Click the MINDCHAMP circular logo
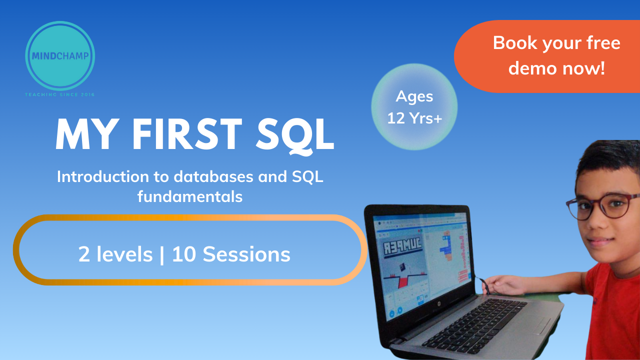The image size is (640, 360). (x=60, y=55)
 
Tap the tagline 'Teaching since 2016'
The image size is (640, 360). (x=60, y=94)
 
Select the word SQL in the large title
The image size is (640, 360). (x=295, y=135)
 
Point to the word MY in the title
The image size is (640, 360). (x=87, y=134)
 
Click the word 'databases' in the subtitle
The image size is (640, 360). (x=213, y=176)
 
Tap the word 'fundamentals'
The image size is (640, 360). (x=190, y=196)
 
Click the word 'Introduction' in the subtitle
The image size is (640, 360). (x=103, y=176)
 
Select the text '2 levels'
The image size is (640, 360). (x=115, y=254)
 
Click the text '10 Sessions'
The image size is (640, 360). (x=231, y=254)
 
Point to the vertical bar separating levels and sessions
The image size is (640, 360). (x=162, y=254)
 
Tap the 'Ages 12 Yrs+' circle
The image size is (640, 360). (x=414, y=107)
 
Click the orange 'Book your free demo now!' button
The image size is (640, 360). (x=547, y=56)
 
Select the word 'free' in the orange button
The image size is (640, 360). (x=603, y=43)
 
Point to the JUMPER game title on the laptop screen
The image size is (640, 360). (x=402, y=246)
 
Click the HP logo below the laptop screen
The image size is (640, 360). (x=438, y=303)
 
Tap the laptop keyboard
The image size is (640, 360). (x=474, y=325)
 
